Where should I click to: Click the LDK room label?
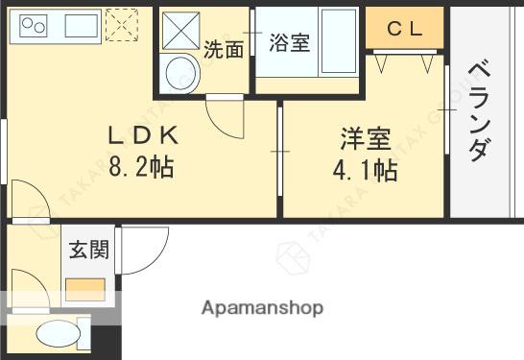[143, 135]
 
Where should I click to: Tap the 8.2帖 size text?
[141, 166]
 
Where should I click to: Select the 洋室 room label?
[366, 138]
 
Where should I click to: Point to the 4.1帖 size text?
[365, 171]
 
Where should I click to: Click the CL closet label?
[405, 29]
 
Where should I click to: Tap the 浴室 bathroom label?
[290, 42]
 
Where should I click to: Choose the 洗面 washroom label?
[224, 50]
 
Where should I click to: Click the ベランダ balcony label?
[479, 110]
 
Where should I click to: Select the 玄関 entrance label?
[89, 250]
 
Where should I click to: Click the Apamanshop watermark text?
[262, 308]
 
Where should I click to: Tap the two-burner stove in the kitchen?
[34, 26]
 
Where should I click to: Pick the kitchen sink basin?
[82, 26]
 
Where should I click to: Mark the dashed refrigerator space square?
[122, 25]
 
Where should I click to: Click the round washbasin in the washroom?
[180, 74]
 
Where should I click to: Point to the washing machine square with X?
[180, 31]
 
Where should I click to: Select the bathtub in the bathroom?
[339, 41]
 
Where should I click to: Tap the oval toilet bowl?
[59, 333]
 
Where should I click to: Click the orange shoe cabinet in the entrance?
[85, 290]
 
